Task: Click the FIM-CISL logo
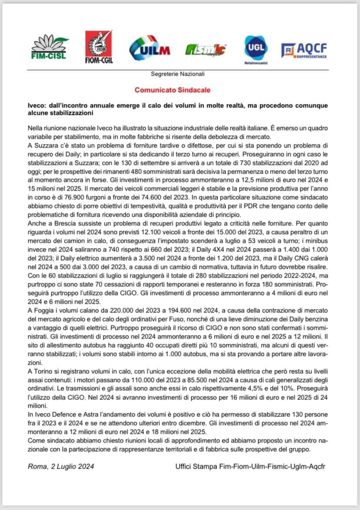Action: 48,47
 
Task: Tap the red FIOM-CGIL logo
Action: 99,47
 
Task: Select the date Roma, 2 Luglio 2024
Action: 61,466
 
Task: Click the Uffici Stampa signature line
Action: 250,466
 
